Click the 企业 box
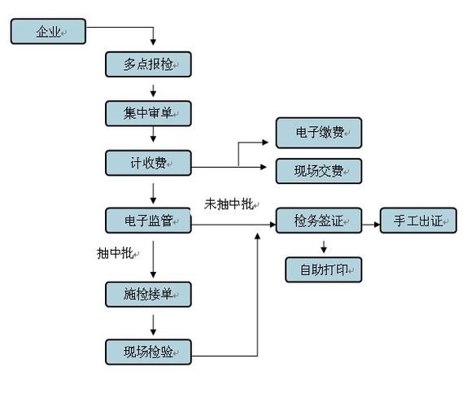click(48, 32)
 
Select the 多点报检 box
click(148, 64)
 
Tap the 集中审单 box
click(148, 113)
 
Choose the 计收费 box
click(148, 163)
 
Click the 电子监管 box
click(148, 220)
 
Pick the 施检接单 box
click(148, 294)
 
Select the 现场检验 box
click(148, 352)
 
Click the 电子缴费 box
click(318, 133)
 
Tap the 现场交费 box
click(318, 171)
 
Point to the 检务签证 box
click(318, 221)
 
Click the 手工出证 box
click(418, 221)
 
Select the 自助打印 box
click(323, 269)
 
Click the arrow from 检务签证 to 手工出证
click(370, 221)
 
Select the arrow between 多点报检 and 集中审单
click(152, 89)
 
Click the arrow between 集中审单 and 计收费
click(152, 138)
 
